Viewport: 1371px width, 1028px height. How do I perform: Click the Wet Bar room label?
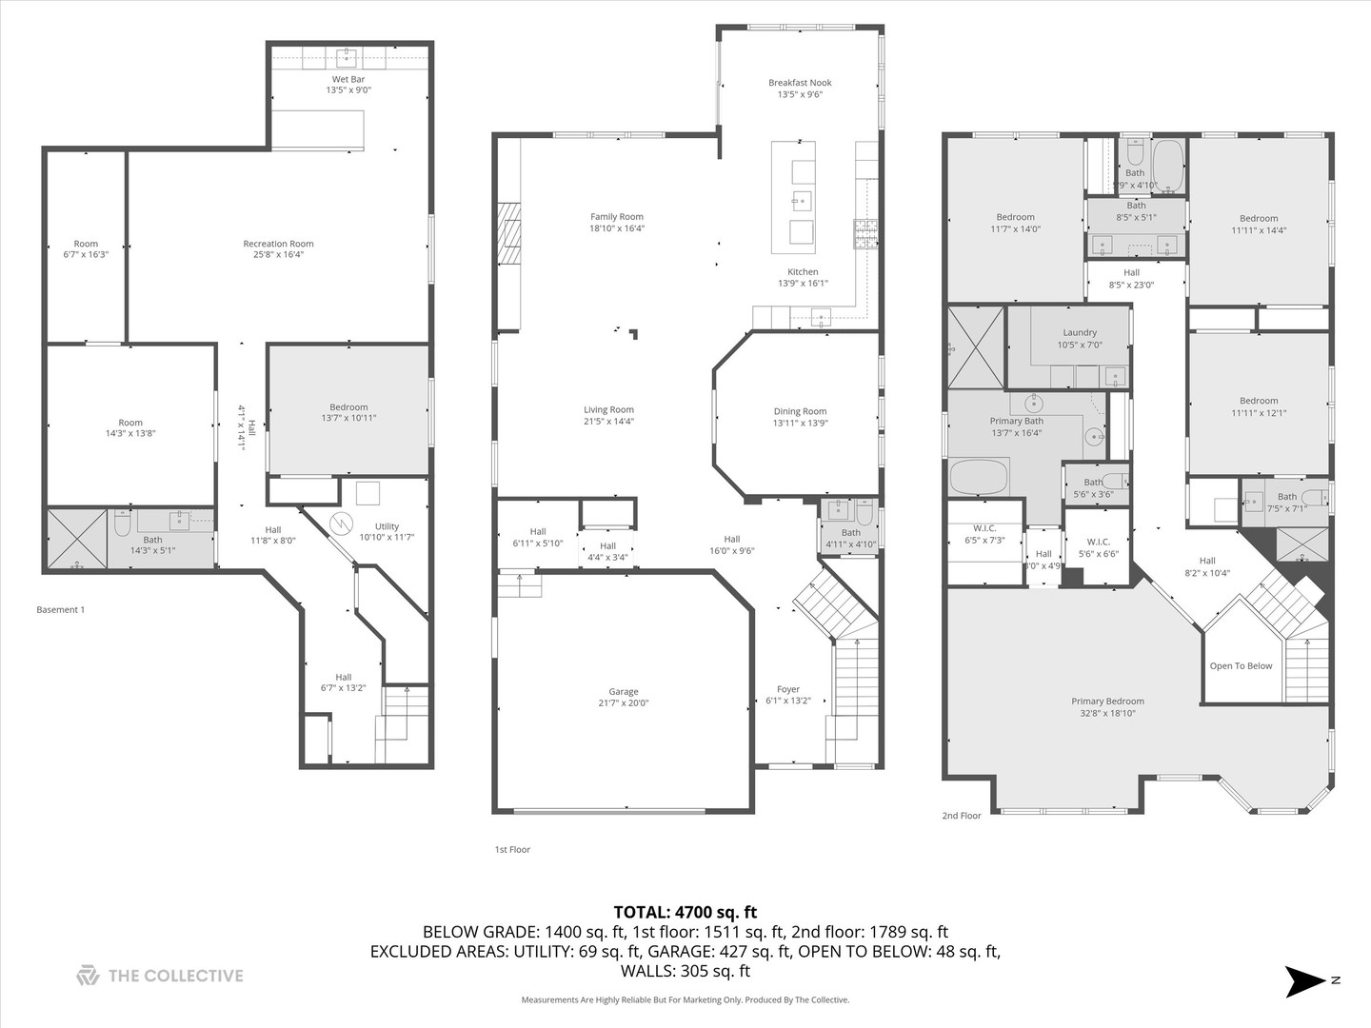(x=348, y=79)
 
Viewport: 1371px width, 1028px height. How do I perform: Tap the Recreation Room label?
(x=278, y=244)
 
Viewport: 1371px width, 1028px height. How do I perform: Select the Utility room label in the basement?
(x=387, y=526)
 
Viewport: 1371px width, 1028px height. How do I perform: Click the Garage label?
(x=624, y=692)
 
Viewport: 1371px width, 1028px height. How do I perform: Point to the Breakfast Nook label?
(x=800, y=83)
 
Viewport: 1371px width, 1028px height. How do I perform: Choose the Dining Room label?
(x=800, y=411)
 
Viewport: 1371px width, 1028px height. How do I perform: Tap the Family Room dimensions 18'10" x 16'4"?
(x=617, y=228)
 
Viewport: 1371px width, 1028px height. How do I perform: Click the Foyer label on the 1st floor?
(x=788, y=689)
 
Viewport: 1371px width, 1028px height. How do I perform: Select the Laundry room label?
(x=1080, y=333)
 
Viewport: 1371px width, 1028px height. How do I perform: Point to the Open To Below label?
(x=1241, y=666)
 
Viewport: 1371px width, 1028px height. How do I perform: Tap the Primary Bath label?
(x=1017, y=421)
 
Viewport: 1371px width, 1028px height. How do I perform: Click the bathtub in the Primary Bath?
(x=979, y=476)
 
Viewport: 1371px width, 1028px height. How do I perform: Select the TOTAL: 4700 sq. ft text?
(x=685, y=913)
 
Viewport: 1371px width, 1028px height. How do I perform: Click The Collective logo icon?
(x=88, y=976)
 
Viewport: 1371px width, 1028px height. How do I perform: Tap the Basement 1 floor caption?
(x=60, y=610)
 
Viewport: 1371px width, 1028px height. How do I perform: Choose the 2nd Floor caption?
(x=962, y=816)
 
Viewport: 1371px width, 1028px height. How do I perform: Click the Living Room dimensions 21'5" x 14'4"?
(x=609, y=422)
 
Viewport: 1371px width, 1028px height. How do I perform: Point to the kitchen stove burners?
(x=864, y=227)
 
